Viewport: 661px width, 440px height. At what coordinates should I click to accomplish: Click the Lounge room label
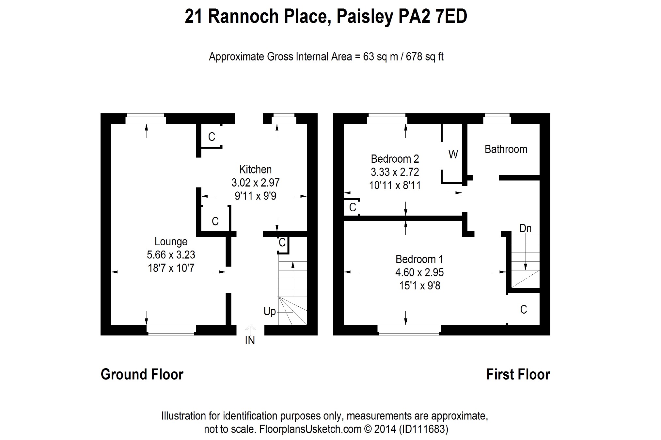[x=171, y=242]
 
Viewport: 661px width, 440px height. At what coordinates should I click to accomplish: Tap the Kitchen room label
[x=255, y=170]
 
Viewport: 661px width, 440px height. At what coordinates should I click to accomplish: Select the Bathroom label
[x=506, y=149]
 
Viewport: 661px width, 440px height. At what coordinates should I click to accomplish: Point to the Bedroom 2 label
[x=395, y=159]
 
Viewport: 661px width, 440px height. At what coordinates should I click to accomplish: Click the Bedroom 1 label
[x=419, y=259]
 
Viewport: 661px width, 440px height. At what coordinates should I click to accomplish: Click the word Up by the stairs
[x=270, y=312]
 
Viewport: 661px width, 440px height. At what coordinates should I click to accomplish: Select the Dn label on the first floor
[x=525, y=228]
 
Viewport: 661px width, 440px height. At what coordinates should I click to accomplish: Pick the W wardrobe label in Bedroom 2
[x=453, y=154]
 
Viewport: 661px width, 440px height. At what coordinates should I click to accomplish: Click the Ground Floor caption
[x=142, y=374]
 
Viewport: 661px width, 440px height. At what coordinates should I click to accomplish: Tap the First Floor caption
[x=518, y=374]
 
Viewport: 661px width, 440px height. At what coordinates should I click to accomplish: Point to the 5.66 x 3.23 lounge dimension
[x=171, y=255]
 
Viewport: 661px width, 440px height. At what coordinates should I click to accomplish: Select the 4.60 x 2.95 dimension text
[x=419, y=272]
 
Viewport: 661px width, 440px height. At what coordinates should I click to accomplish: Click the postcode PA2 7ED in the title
[x=433, y=17]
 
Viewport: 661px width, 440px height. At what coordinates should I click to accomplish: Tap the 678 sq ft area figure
[x=424, y=57]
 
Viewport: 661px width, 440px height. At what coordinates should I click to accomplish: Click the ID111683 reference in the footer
[x=423, y=429]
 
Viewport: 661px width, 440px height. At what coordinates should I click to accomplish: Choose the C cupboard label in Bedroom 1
[x=524, y=309]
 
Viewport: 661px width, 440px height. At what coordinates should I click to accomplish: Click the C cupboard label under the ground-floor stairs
[x=282, y=243]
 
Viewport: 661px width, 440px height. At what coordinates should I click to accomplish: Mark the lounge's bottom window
[x=171, y=330]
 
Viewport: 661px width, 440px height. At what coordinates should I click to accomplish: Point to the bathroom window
[x=497, y=119]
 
